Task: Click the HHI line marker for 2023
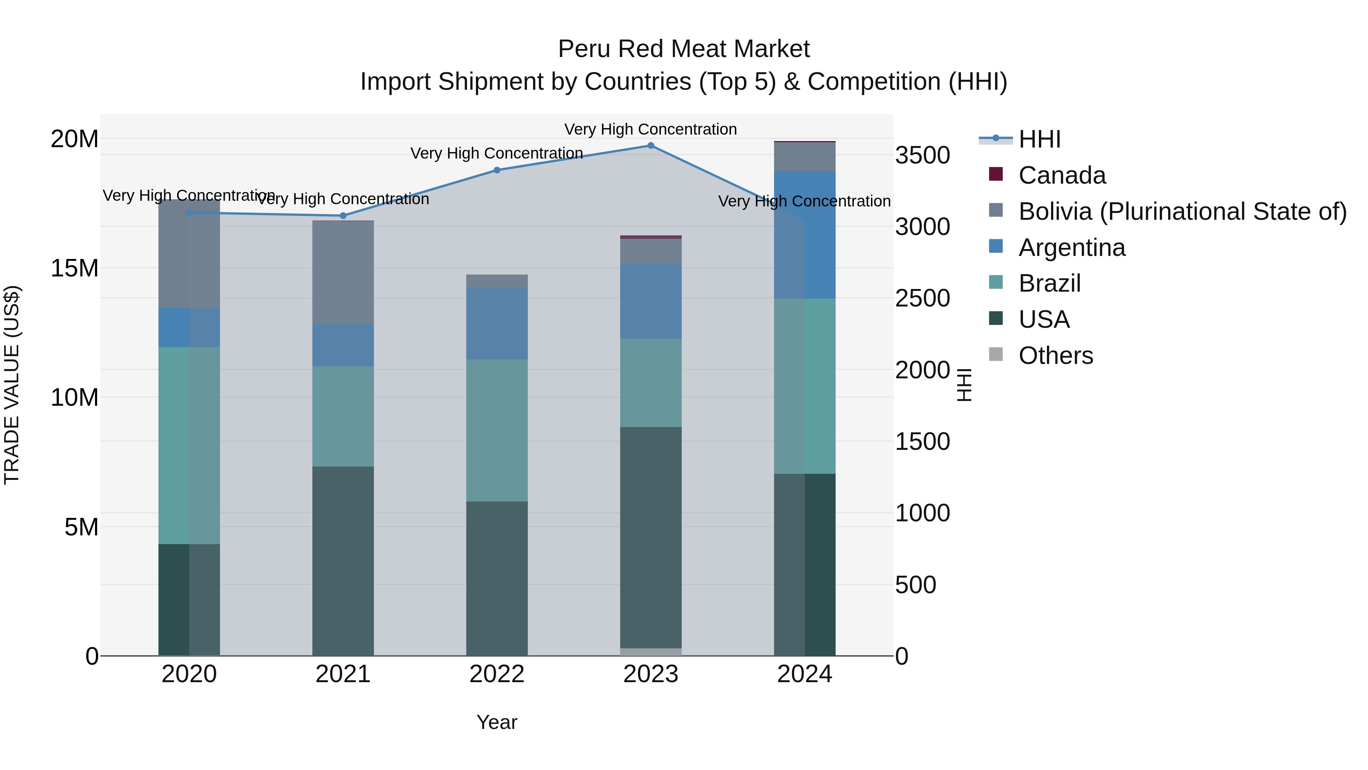pyautogui.click(x=651, y=146)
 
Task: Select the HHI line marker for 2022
pyautogui.click(x=497, y=170)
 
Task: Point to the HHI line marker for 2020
pyautogui.click(x=190, y=213)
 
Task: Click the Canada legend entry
pyautogui.click(x=1062, y=175)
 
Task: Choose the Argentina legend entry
pyautogui.click(x=1071, y=248)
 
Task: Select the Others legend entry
pyautogui.click(x=1055, y=356)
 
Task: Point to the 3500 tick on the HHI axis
pyautogui.click(x=922, y=156)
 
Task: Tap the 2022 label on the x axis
pyautogui.click(x=497, y=674)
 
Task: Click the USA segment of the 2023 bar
pyautogui.click(x=651, y=537)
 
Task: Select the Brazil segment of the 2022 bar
pyautogui.click(x=497, y=430)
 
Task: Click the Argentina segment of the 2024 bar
pyautogui.click(x=804, y=234)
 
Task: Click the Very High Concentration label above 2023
pyautogui.click(x=651, y=129)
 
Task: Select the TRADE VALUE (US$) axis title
pyautogui.click(x=12, y=385)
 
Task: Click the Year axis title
pyautogui.click(x=497, y=722)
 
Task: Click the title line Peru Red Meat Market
pyautogui.click(x=684, y=49)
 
